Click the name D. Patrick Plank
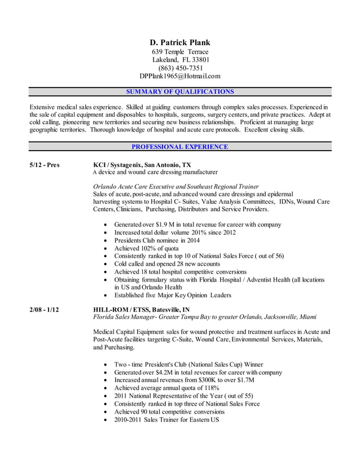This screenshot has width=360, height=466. tap(180, 42)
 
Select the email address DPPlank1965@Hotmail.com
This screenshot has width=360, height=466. tap(180, 76)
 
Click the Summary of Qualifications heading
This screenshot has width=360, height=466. tap(180, 91)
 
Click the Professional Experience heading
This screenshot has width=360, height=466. tap(180, 147)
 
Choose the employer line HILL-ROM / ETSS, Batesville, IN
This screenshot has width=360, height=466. tap(141, 309)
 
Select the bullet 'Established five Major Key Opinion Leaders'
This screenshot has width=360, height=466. tap(172, 295)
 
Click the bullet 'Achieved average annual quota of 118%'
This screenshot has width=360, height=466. tap(166, 388)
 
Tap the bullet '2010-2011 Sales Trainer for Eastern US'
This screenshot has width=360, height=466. tap(166, 420)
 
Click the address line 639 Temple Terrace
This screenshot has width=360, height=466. tap(180, 52)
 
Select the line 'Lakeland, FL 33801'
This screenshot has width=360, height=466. tap(180, 60)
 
